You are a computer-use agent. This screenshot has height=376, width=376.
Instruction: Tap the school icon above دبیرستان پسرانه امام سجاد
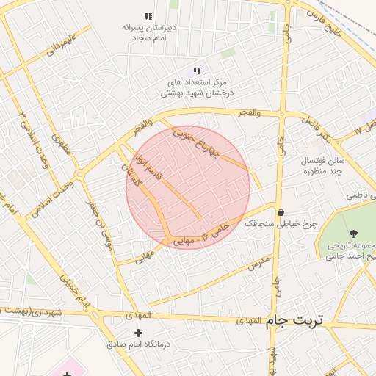pos(149,16)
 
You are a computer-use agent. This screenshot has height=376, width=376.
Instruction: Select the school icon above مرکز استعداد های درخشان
pos(196,70)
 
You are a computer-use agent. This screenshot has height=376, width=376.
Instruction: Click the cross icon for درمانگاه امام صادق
pos(139,333)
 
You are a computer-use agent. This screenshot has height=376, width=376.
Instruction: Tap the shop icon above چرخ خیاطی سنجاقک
pos(281,213)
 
